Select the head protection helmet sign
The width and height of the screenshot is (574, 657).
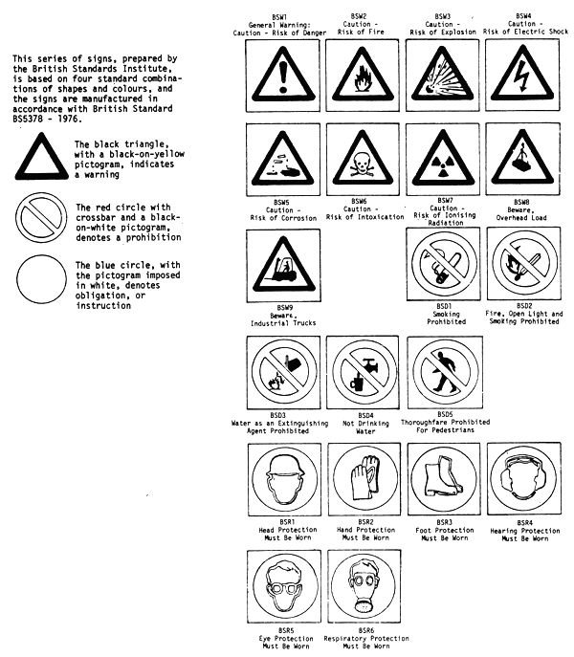click(284, 480)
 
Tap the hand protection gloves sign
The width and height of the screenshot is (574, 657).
click(364, 480)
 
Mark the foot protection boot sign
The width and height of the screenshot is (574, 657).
click(444, 480)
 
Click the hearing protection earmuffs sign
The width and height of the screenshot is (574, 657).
click(524, 480)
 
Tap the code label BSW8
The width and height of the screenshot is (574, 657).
click(521, 202)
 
